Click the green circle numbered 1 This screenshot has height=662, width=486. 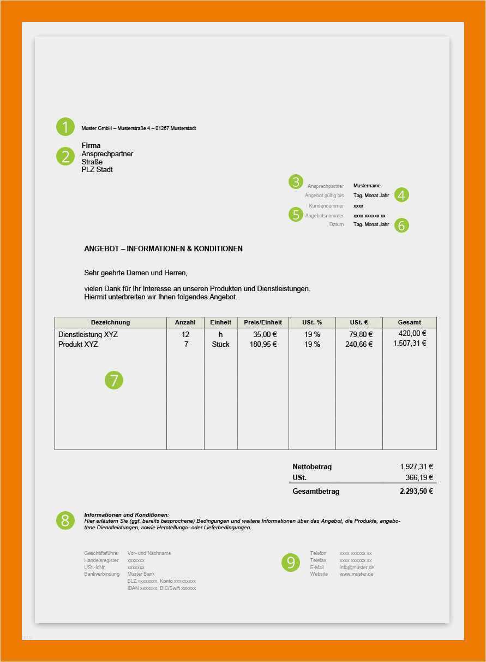[x=65, y=127]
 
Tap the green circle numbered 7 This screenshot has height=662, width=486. [x=114, y=380]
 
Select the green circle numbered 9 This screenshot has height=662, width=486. [x=291, y=563]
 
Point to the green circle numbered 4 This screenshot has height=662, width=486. [x=401, y=195]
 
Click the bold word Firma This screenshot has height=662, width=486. [x=91, y=146]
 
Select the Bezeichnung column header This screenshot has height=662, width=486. [x=110, y=322]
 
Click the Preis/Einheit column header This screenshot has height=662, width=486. [x=263, y=322]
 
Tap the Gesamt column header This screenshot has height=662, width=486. [x=409, y=322]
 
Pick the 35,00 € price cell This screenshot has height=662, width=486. [x=265, y=334]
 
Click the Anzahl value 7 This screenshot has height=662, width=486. [x=186, y=345]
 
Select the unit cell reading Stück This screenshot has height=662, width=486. [x=220, y=345]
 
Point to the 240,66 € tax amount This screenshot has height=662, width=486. [x=359, y=345]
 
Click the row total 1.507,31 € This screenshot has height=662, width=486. [x=410, y=344]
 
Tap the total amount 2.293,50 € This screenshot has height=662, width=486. [x=416, y=491]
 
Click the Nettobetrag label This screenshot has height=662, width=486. [x=312, y=467]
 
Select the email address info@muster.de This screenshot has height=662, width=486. [x=357, y=568]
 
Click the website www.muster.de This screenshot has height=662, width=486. [x=357, y=574]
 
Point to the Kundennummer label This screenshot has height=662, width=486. [x=326, y=206]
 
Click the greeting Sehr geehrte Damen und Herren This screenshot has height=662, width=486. [x=136, y=273]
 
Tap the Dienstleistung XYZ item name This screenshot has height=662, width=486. [x=88, y=334]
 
